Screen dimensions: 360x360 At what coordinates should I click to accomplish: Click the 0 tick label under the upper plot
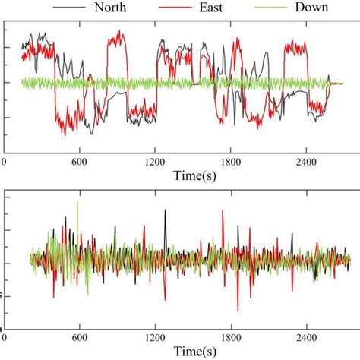click(5, 162)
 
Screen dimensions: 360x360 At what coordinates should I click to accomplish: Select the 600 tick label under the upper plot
click(81, 162)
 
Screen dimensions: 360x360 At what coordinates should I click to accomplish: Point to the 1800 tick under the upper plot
click(230, 162)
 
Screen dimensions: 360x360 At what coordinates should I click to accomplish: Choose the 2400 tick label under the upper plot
click(305, 162)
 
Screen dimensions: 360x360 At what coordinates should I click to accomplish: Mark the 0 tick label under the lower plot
click(5, 337)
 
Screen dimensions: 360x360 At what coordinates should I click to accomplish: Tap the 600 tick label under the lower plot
click(81, 337)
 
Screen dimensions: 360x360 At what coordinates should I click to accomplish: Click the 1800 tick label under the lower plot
click(230, 337)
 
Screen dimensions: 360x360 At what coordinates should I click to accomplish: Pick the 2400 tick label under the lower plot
click(305, 337)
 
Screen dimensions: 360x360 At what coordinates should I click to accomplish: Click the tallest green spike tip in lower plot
click(77, 201)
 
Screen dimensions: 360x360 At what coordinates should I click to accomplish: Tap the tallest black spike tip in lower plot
click(165, 210)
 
